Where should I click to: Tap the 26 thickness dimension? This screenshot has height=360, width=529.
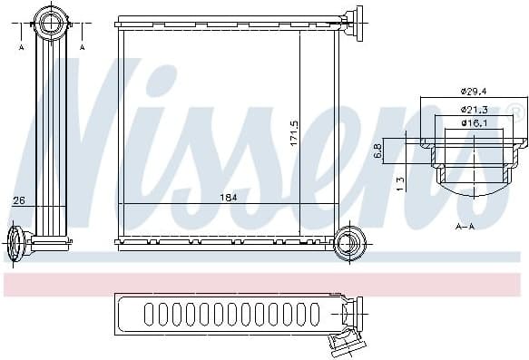point(18,200)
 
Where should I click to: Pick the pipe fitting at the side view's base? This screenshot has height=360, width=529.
point(18,244)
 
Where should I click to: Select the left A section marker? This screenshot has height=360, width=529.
point(20,46)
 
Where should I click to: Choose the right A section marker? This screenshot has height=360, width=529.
point(83,46)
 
